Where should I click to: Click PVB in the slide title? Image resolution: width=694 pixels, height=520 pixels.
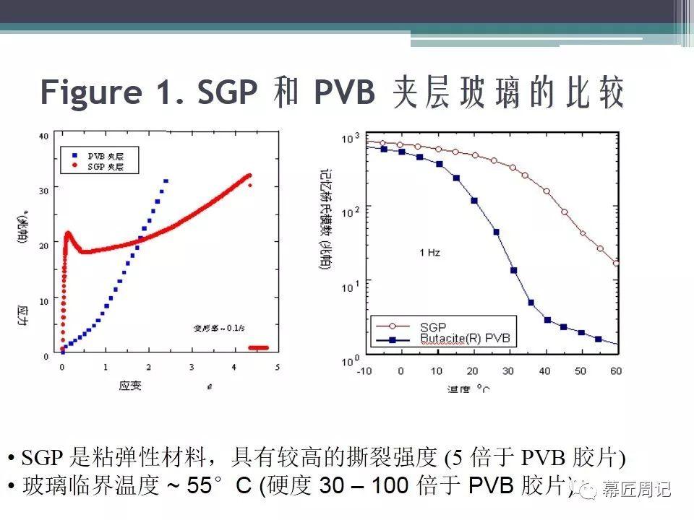(x=345, y=93)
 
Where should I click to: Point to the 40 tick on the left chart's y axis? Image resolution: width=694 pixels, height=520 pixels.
(x=43, y=136)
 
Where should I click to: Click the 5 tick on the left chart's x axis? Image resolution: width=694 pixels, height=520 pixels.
(x=277, y=368)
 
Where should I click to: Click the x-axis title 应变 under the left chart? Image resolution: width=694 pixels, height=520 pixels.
(x=130, y=386)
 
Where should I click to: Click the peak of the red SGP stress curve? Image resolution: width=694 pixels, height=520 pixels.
(x=68, y=233)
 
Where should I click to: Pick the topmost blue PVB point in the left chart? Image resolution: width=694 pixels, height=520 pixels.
(x=166, y=181)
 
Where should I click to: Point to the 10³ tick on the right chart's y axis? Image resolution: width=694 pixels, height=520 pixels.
(x=350, y=138)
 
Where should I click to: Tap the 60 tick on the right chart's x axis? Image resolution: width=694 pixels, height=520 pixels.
(x=616, y=371)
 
